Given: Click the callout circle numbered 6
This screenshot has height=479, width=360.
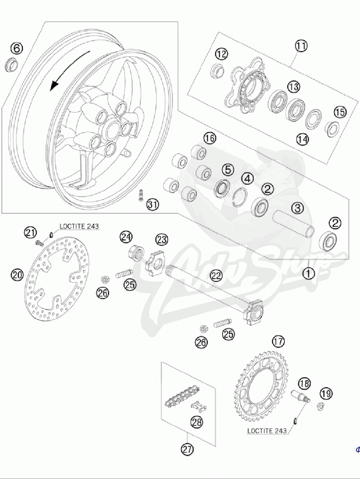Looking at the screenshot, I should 16,48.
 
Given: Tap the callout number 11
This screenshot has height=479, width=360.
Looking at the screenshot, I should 302,46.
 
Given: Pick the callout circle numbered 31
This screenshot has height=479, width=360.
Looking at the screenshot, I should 152,205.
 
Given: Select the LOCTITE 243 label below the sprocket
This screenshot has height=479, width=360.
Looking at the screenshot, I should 267,431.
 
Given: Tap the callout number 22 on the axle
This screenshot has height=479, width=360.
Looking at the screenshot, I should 216,275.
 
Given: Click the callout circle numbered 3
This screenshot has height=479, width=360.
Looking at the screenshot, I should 297,208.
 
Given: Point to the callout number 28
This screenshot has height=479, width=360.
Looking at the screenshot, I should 197,422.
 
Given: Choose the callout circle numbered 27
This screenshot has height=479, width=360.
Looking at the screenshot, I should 187,449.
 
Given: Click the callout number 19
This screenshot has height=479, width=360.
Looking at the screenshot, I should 326,394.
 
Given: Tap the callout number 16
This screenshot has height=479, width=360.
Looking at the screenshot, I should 209,139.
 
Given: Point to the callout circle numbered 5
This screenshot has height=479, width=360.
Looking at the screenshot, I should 228,170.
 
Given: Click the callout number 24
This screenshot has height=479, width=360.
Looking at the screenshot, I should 126,238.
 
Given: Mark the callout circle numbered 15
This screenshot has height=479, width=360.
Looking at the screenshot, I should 340,113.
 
